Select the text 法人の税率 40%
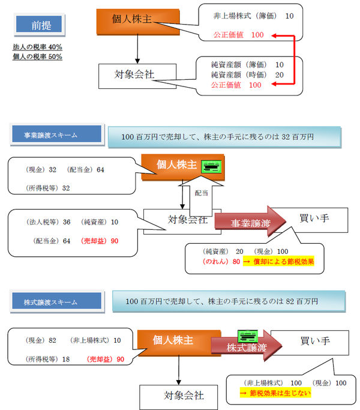pyautogui.click(x=37, y=46)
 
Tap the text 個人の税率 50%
pyautogui.click(x=37, y=56)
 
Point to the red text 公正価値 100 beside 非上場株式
pyautogui.click(x=238, y=35)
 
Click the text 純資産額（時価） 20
pyautogui.click(x=247, y=74)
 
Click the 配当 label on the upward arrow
pyautogui.click(x=202, y=193)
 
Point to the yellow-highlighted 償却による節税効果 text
pyautogui.click(x=283, y=262)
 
